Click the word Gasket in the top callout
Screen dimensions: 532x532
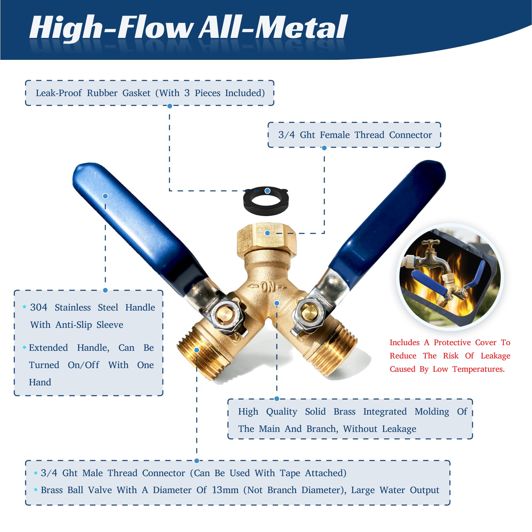click(x=136, y=93)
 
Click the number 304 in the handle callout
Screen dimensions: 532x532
click(x=39, y=308)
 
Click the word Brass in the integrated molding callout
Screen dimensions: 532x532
click(x=344, y=412)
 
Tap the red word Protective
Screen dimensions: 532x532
click(x=452, y=342)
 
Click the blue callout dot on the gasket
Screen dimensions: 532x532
click(x=267, y=191)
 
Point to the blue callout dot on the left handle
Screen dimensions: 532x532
click(x=105, y=196)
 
